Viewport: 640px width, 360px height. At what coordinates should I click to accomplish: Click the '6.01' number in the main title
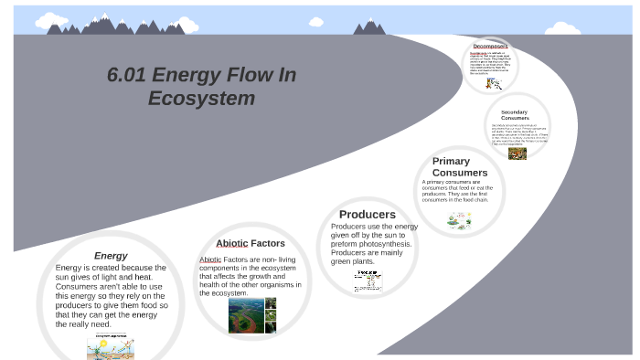pyautogui.click(x=126, y=75)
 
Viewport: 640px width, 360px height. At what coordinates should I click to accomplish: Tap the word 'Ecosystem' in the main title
pyautogui.click(x=201, y=98)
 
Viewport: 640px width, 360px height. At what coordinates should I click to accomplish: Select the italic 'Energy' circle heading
pyautogui.click(x=111, y=256)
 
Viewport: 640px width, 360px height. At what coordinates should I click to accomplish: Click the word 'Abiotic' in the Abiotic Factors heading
pyautogui.click(x=232, y=244)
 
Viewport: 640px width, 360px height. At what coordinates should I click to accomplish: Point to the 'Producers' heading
pyautogui.click(x=368, y=215)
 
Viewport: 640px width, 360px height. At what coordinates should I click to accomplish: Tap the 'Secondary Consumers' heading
pyautogui.click(x=515, y=115)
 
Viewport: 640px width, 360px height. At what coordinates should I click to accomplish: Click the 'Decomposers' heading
pyautogui.click(x=491, y=46)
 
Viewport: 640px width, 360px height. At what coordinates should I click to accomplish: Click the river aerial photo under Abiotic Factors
pyautogui.click(x=246, y=316)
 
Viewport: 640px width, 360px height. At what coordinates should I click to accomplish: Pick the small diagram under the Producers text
pyautogui.click(x=368, y=280)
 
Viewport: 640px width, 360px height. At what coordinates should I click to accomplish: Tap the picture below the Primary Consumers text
pyautogui.click(x=459, y=221)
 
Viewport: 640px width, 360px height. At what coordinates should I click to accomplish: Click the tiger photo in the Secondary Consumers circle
pyautogui.click(x=517, y=154)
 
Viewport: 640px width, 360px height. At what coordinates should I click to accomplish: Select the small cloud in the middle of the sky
pyautogui.click(x=316, y=21)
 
